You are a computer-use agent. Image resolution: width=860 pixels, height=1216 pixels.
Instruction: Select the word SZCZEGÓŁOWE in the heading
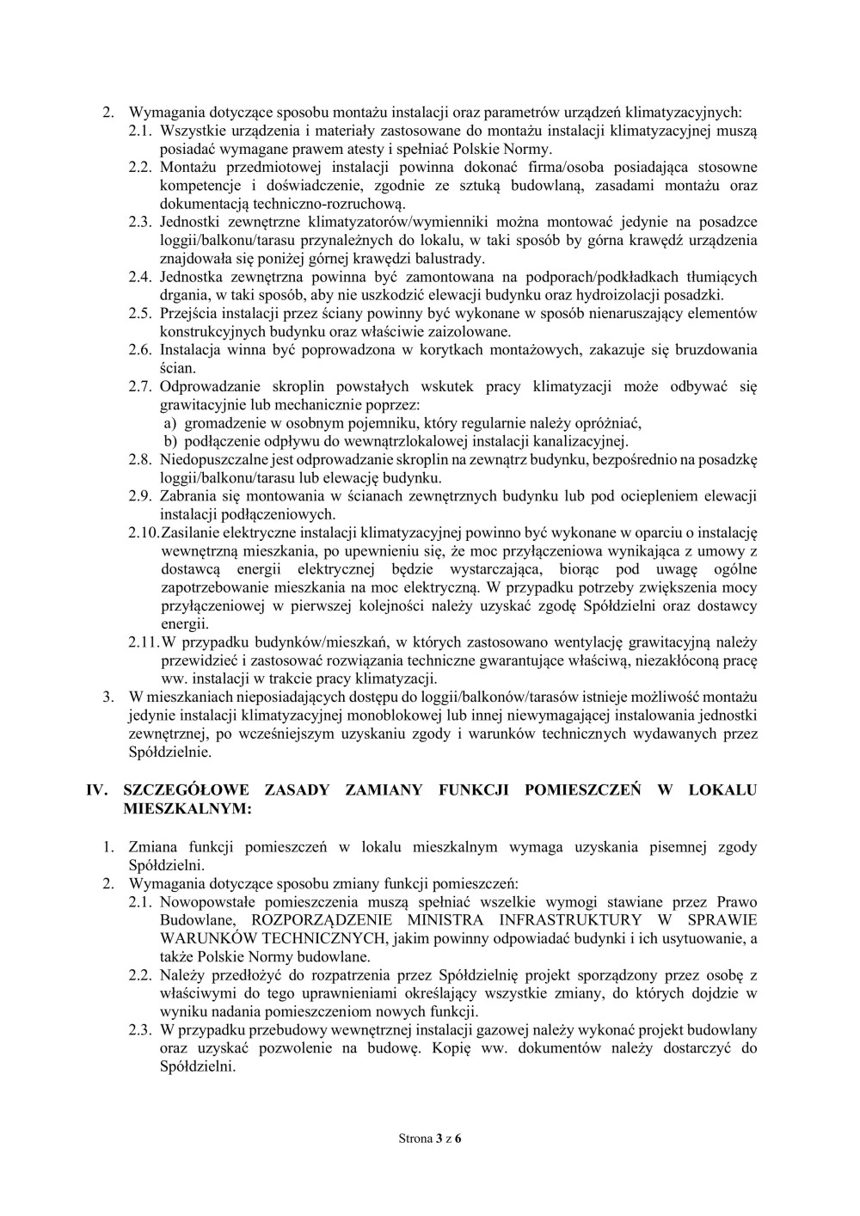pyautogui.click(x=178, y=790)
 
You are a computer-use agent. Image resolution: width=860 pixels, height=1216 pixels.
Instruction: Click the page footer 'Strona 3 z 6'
pyautogui.click(x=430, y=1139)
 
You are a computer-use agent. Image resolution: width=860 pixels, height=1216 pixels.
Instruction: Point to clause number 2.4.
pyautogui.click(x=139, y=277)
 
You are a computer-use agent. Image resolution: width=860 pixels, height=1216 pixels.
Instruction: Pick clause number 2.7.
pyautogui.click(x=139, y=387)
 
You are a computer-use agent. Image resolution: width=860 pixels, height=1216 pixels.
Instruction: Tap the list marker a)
pyautogui.click(x=170, y=423)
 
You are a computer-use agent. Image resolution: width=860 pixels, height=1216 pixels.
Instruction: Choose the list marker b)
pyautogui.click(x=170, y=442)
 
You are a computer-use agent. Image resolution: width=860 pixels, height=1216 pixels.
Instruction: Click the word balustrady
pyautogui.click(x=451, y=258)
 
